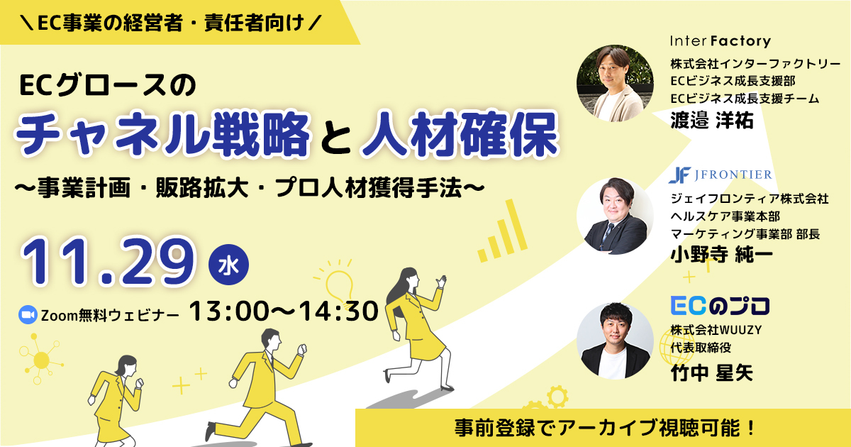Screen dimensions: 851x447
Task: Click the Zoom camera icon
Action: tap(28, 315)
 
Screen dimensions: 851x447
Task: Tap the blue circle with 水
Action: tap(228, 265)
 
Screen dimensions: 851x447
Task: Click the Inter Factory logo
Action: tap(721, 41)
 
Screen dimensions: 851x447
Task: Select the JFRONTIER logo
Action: tap(721, 175)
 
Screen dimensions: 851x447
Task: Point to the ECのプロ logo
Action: tap(720, 307)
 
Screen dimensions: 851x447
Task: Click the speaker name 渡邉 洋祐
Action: tap(711, 121)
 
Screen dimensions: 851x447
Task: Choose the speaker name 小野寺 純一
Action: tap(721, 254)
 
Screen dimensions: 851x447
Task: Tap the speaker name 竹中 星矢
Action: tap(711, 373)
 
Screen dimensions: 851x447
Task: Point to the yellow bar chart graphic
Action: tap(502, 231)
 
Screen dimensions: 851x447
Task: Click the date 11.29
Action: tap(109, 262)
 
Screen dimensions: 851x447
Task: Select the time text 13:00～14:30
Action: tap(284, 311)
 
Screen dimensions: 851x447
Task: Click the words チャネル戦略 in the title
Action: tap(162, 134)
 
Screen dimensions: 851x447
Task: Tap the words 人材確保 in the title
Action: tap(460, 134)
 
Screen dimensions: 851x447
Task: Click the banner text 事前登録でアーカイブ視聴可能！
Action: tap(605, 428)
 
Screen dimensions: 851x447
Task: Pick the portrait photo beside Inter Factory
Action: tap(615, 83)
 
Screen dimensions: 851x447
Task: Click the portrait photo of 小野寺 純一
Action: tap(615, 216)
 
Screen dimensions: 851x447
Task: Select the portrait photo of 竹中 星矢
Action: tap(615, 341)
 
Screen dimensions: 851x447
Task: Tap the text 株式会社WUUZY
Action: tap(716, 330)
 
